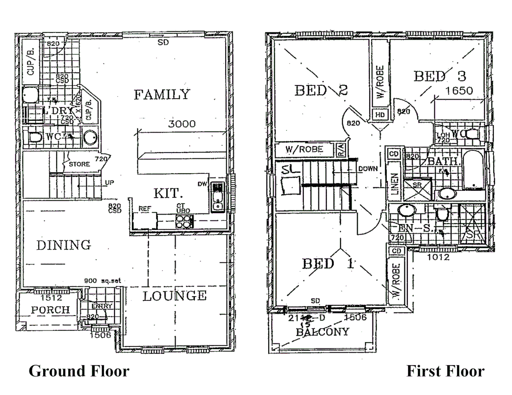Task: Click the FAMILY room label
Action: (162, 95)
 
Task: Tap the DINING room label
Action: (64, 245)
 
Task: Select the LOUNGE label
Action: (174, 296)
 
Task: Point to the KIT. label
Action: (166, 193)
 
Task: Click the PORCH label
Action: (50, 310)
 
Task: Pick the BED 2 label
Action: (321, 90)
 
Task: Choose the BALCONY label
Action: (322, 332)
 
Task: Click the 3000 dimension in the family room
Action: (182, 124)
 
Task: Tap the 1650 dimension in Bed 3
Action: (459, 91)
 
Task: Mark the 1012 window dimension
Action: (438, 257)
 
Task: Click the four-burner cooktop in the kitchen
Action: (184, 221)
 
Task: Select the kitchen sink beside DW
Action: (218, 197)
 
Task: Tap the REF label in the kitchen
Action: (145, 209)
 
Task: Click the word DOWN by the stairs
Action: (368, 169)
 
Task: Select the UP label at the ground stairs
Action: (109, 183)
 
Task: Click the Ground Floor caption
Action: (79, 371)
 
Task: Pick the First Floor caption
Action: (445, 371)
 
